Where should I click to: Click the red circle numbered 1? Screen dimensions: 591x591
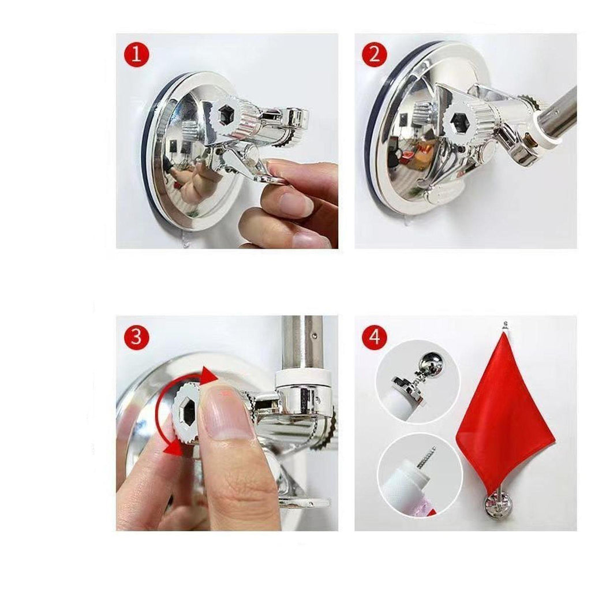point(136,54)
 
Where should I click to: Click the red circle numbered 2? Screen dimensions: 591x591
point(375,54)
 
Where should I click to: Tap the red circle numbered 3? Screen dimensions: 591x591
point(136,336)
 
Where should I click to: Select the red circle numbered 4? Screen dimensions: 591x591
point(375,336)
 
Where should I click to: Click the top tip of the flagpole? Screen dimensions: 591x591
point(506,323)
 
